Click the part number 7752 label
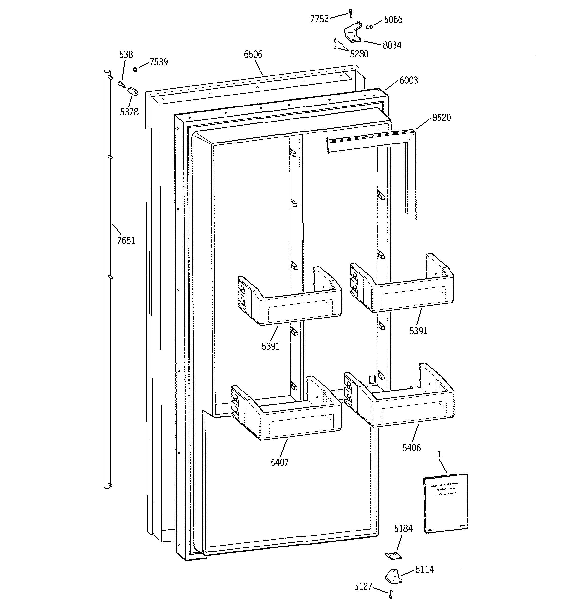319,19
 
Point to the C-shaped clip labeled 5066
369,27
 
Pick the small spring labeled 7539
135,70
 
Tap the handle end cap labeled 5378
133,91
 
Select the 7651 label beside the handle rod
126,241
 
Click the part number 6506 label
253,55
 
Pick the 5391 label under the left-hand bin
271,346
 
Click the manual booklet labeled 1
445,503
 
